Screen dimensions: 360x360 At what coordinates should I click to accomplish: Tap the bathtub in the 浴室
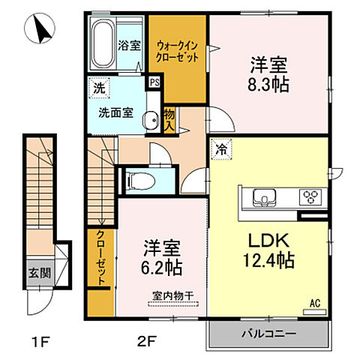[102, 44]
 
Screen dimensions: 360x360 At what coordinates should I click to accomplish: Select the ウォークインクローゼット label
[178, 50]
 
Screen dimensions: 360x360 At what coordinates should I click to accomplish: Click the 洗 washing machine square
[97, 88]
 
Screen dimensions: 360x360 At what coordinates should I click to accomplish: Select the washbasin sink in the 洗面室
[149, 118]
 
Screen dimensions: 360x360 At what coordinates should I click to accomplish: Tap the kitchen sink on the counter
[265, 197]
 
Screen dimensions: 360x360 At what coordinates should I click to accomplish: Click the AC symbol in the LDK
[317, 303]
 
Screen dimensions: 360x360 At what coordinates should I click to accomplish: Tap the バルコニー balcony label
[268, 333]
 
